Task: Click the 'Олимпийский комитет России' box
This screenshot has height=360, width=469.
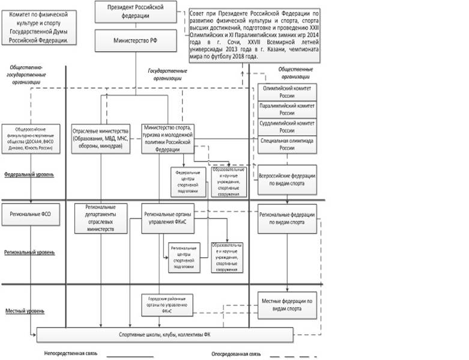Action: pos(287,91)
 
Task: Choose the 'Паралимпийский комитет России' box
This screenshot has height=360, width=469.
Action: pos(287,109)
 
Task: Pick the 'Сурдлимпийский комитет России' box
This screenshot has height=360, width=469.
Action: pos(287,126)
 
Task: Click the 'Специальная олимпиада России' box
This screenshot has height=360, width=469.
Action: pos(287,144)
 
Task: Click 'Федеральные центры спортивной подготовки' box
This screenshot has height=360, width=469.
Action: pos(186,181)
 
